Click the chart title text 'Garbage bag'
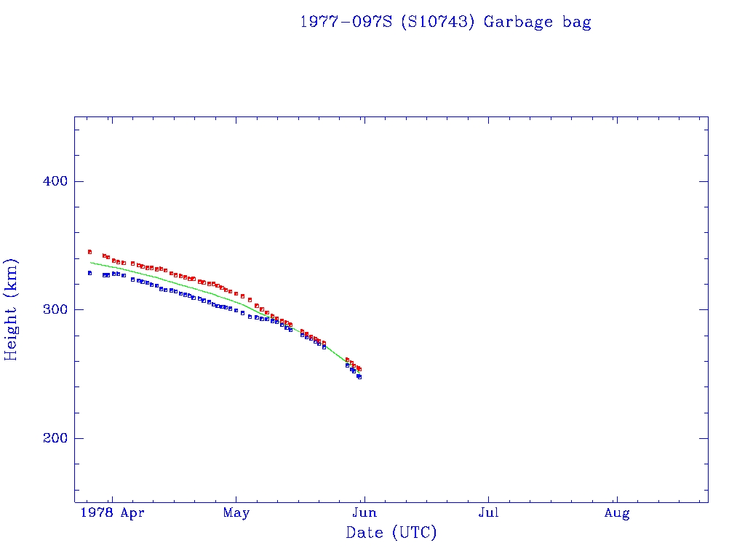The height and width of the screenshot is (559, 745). pos(538,22)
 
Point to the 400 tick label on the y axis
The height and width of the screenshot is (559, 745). pos(53,181)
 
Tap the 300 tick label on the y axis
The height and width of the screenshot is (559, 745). pos(53,309)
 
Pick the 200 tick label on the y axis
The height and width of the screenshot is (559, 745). pos(53,438)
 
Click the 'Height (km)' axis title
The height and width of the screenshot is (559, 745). pos(12,309)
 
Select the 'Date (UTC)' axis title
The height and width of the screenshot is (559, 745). pos(391,533)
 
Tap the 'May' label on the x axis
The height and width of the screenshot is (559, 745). pos(236,513)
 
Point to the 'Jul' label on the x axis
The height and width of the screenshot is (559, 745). pos(488,513)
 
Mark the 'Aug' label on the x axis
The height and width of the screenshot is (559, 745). pos(617,513)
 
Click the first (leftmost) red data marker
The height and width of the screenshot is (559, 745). pos(89,252)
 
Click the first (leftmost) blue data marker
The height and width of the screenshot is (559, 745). pos(89,273)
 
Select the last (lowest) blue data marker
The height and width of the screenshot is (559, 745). pos(359,377)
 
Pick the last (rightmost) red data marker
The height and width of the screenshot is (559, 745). pos(359,369)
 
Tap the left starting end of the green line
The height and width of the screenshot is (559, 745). pos(90,262)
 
